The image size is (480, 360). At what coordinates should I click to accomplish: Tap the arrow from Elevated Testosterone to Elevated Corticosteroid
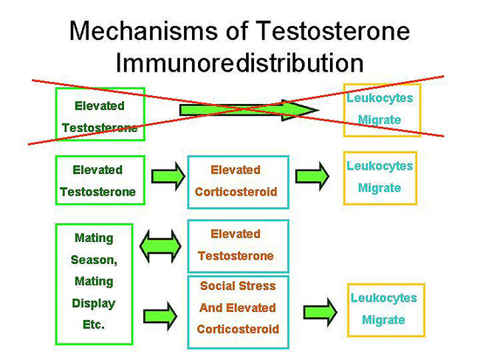[x=168, y=176]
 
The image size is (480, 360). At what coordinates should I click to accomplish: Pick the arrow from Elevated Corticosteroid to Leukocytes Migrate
[x=313, y=176]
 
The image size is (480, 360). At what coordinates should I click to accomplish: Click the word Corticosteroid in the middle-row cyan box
[x=236, y=192]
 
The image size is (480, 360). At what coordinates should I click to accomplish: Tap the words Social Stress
[x=238, y=285]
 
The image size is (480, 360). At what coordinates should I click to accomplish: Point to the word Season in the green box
[x=94, y=260]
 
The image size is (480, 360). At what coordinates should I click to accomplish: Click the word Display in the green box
[x=94, y=303]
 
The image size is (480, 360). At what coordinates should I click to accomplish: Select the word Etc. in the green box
[x=94, y=325]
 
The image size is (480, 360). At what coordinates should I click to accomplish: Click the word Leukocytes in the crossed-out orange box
[x=380, y=98]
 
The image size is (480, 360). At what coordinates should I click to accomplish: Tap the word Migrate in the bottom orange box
[x=383, y=320]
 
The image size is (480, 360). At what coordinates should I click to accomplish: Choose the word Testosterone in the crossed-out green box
[x=100, y=128]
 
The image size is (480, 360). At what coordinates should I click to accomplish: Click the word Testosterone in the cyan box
[x=236, y=256]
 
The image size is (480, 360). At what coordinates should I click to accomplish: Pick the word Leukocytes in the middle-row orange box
[x=380, y=166]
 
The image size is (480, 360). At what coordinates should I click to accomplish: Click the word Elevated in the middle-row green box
[x=97, y=170]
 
